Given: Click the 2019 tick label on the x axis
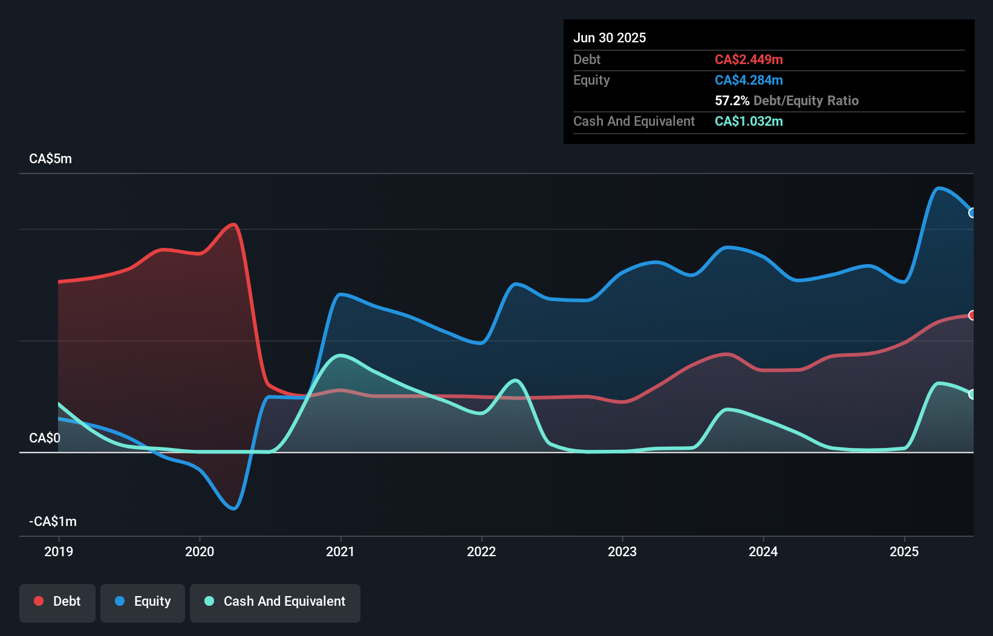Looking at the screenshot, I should tap(59, 551).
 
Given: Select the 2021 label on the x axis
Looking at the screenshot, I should tap(340, 551).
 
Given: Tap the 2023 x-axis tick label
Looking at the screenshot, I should tap(622, 551).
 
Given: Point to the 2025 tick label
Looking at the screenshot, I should tap(904, 551).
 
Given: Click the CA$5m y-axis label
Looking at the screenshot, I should tap(50, 159).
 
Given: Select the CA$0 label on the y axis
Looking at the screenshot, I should tap(45, 438).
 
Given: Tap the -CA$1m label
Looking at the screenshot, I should tap(53, 521).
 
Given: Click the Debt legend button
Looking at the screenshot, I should tap(57, 602).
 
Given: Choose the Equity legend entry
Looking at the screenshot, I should tap(143, 602).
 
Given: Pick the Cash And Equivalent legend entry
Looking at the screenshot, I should tap(275, 602).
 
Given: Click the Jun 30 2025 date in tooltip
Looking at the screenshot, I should tap(610, 37).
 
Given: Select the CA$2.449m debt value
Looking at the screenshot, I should tap(749, 59).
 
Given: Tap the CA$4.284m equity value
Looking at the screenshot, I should tap(749, 80).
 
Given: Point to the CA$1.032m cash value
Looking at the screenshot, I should tap(749, 121).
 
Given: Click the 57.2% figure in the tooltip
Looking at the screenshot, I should tap(732, 100).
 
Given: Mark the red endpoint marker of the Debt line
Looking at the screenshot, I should tap(972, 315).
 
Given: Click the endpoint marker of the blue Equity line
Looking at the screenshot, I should tap(972, 213).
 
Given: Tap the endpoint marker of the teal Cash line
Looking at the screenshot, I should tap(972, 394).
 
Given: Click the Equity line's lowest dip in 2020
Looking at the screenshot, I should tap(234, 508).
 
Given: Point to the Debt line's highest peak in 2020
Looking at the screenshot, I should tap(233, 224).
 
